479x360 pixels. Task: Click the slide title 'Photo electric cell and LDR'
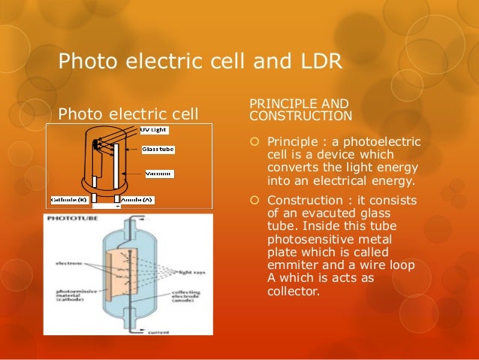point(200,59)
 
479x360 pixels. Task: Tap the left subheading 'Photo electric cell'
point(128,114)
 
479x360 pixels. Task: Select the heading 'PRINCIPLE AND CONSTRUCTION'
point(300,109)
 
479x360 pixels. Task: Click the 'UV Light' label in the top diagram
point(155,129)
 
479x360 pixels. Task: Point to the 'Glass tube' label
point(160,150)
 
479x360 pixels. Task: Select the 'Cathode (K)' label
point(70,199)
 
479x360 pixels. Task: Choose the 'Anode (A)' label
point(137,199)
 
